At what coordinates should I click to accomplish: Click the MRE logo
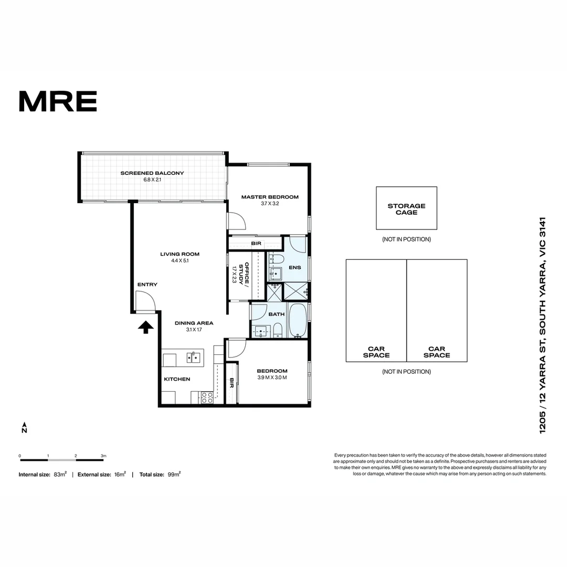click(x=58, y=101)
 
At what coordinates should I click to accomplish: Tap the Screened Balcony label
click(x=152, y=176)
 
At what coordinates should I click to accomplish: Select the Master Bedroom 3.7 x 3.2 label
click(x=270, y=200)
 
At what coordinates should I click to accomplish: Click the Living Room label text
click(x=180, y=257)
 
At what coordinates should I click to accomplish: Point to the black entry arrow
click(x=145, y=328)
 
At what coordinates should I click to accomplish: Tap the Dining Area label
click(x=194, y=326)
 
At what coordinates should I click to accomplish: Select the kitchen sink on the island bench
click(x=194, y=358)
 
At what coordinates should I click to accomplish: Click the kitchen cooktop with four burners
click(x=207, y=397)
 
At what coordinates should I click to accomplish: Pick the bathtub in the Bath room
click(x=297, y=320)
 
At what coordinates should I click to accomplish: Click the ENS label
click(x=295, y=267)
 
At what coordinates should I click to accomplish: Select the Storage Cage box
click(x=406, y=208)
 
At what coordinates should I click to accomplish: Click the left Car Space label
click(x=376, y=352)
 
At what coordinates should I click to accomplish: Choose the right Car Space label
click(x=437, y=352)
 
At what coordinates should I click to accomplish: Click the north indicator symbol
click(x=24, y=427)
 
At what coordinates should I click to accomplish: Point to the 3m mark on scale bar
click(x=103, y=457)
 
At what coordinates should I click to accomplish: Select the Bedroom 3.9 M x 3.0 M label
click(x=272, y=374)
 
